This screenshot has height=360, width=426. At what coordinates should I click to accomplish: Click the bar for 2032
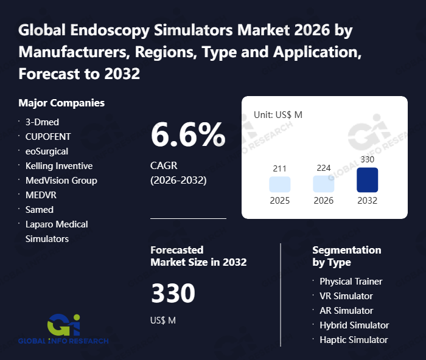coord(368,180)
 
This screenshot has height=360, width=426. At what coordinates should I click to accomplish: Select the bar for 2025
coord(280,184)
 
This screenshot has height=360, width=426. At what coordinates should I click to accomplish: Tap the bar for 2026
coord(324,184)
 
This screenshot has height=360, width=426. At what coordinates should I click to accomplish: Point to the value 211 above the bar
coord(280,168)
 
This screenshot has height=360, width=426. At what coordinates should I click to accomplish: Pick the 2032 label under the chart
coord(368,201)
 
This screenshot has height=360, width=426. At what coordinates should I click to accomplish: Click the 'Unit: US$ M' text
coord(278,114)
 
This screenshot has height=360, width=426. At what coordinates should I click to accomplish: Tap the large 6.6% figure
coord(188,135)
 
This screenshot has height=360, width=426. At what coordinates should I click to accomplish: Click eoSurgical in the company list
coord(47,151)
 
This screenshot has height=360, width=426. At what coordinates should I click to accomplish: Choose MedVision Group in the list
coord(61,181)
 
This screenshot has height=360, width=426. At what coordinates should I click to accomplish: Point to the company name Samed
coord(40,210)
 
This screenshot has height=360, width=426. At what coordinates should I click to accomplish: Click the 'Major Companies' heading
coord(61,103)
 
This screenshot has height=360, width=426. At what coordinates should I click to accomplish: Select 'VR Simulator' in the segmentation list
coord(346,296)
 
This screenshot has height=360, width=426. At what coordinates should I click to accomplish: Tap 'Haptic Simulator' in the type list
coord(354,340)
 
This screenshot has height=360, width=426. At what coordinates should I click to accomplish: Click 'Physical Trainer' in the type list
coord(351,282)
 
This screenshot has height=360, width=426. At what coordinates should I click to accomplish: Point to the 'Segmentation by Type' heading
coord(346,256)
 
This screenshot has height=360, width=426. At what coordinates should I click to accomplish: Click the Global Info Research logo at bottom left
coord(63,329)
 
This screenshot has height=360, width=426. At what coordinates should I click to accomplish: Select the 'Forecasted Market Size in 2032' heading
coord(198,256)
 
